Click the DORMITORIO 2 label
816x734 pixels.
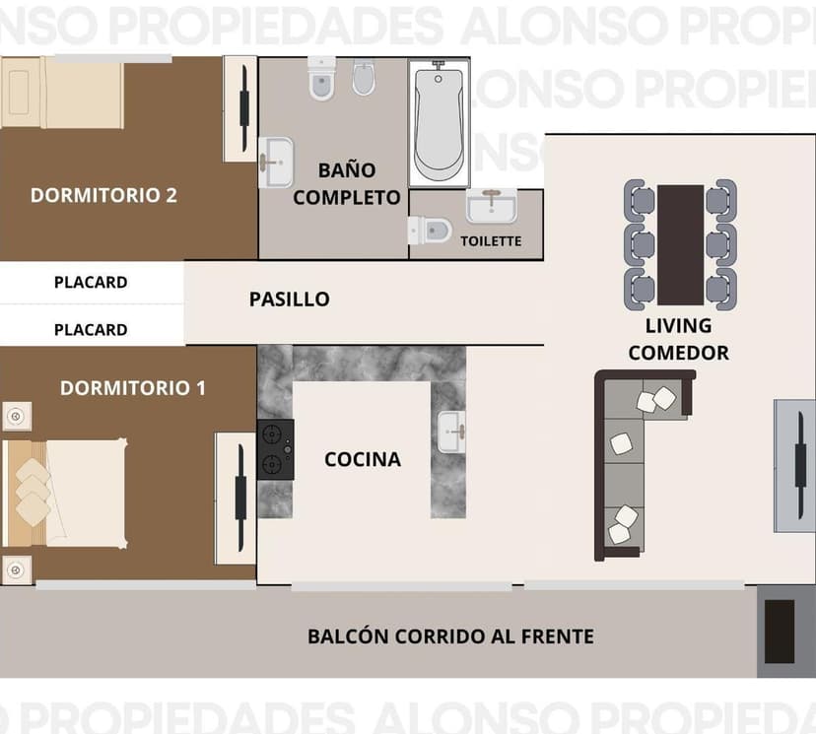click(103, 195)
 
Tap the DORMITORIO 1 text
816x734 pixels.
click(133, 388)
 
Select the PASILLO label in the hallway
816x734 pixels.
click(289, 299)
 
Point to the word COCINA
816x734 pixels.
click(363, 459)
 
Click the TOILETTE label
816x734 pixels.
click(491, 240)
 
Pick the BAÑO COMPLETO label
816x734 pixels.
click(347, 183)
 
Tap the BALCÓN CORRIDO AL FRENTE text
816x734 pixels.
click(450, 636)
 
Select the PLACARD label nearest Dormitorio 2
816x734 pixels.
click(91, 282)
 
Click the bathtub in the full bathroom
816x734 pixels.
click(439, 122)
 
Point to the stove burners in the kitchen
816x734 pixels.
click(276, 449)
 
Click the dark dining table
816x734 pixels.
click(680, 244)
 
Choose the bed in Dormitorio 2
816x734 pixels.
click(64, 93)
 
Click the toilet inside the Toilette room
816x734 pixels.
click(429, 230)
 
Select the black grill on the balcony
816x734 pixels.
click(780, 632)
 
